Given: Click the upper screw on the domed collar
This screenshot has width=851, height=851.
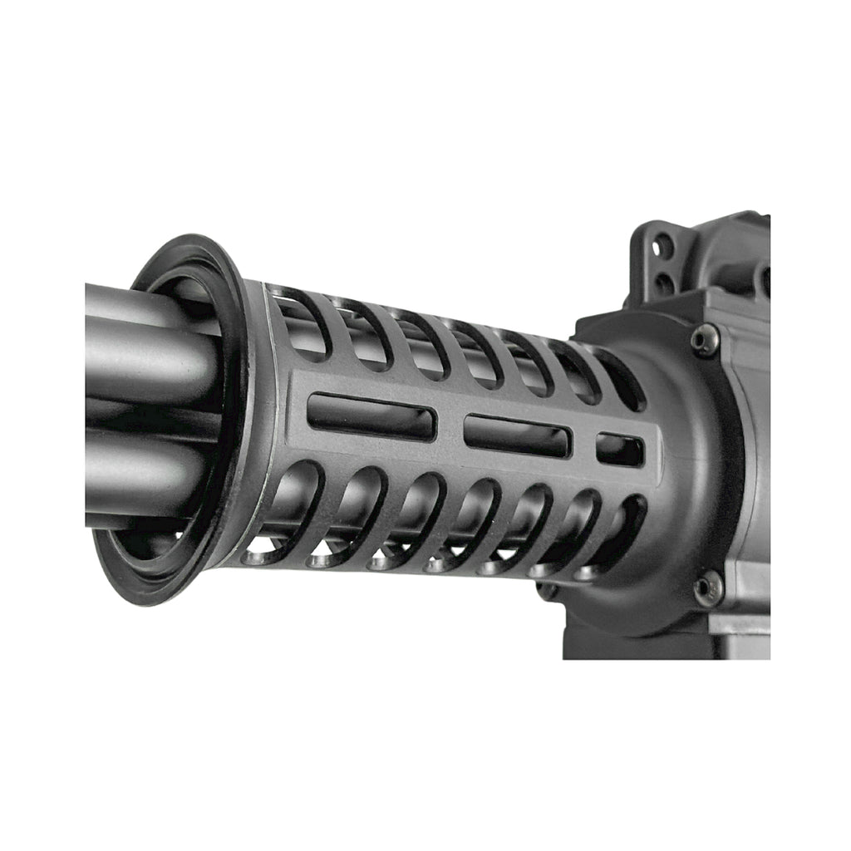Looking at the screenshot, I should tap(705, 341).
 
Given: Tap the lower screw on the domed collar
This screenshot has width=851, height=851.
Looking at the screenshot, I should tap(706, 588).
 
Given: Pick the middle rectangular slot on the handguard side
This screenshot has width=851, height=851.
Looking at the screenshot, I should tap(517, 435).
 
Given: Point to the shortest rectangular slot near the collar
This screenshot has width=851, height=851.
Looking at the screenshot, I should tap(620, 450).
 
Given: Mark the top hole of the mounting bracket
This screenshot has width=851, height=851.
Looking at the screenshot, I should tap(662, 246).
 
